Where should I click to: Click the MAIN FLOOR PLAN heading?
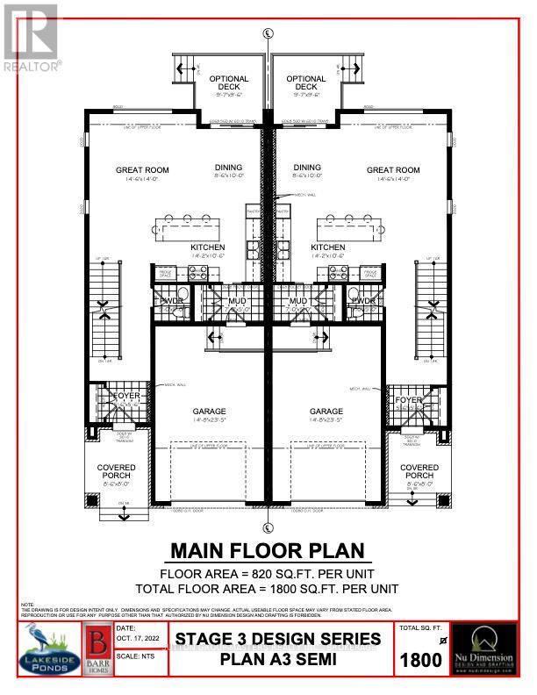tap(267, 552)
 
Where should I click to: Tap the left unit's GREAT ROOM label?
tap(142, 170)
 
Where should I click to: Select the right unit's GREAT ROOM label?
tap(392, 170)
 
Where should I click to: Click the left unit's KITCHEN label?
tap(208, 247)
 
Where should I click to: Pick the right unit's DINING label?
tap(307, 168)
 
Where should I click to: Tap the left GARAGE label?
tap(210, 411)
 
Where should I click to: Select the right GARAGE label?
tap(326, 411)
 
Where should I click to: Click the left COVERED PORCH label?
tap(117, 472)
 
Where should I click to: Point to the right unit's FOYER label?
tap(410, 399)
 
